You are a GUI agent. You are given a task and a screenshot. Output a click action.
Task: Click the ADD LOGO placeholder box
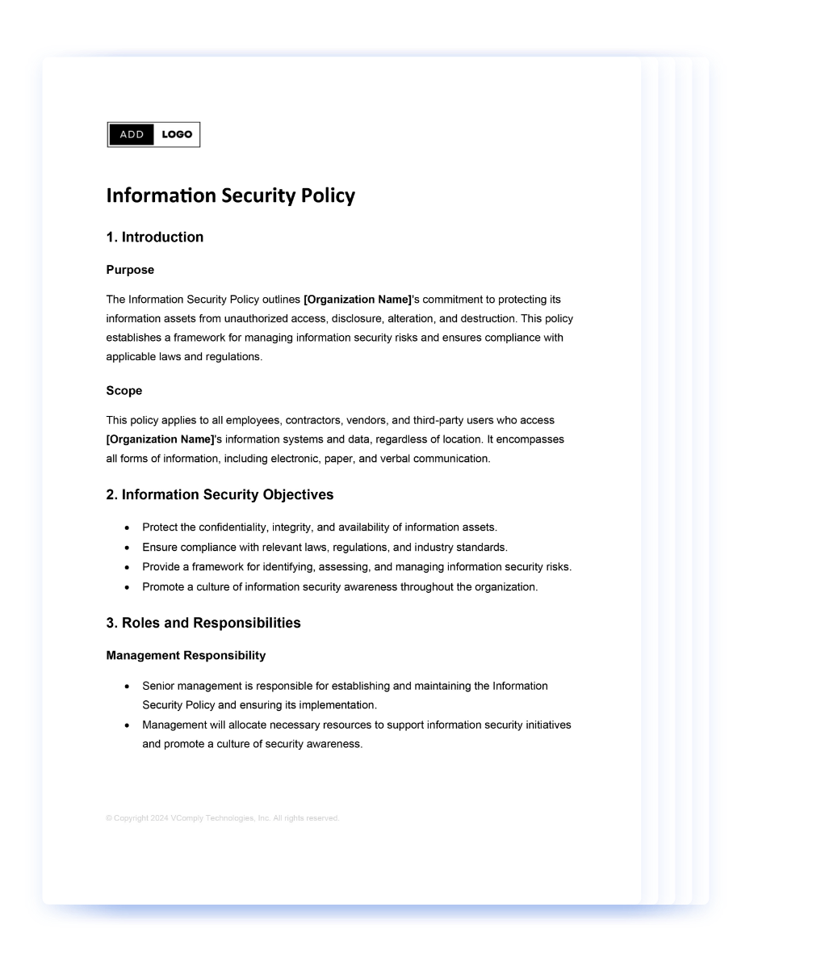[x=153, y=135]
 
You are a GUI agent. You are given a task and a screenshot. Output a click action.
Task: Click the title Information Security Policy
[x=230, y=196]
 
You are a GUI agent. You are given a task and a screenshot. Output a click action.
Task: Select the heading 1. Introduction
[x=154, y=237]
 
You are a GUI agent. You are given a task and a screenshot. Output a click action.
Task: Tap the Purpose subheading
[x=130, y=270]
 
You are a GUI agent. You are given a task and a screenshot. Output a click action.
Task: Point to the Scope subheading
[x=124, y=391]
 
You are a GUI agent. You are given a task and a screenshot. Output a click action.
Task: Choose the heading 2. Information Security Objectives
[x=220, y=494]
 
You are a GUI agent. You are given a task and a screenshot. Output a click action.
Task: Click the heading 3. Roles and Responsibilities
[x=203, y=623]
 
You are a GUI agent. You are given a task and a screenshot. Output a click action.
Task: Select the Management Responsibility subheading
[x=186, y=655]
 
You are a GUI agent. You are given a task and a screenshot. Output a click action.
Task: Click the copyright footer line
[x=222, y=818]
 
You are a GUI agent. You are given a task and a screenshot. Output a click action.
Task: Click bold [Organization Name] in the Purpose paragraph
[x=358, y=300]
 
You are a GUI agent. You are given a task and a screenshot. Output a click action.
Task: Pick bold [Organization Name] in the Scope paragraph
[x=161, y=439]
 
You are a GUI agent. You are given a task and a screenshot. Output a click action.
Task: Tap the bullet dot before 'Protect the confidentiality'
[x=127, y=528]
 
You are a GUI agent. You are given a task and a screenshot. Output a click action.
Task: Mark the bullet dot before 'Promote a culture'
[x=127, y=587]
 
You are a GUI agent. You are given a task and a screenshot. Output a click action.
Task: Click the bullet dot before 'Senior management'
[x=127, y=687]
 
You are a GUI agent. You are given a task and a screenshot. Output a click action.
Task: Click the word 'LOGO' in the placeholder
[x=177, y=135]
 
